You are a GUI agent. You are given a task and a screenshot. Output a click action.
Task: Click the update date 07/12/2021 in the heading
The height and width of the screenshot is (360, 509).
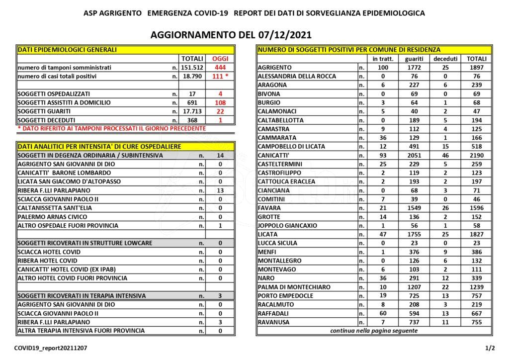point(283,36)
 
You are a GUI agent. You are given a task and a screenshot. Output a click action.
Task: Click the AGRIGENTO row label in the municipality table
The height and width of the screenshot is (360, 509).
point(275,68)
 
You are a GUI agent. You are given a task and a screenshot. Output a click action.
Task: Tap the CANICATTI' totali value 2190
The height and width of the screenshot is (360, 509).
point(477,155)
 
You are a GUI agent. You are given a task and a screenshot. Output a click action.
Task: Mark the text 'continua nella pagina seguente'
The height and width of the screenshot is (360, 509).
point(374,331)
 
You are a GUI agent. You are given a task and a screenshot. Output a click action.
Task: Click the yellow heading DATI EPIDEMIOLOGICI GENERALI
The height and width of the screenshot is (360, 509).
point(67,50)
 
